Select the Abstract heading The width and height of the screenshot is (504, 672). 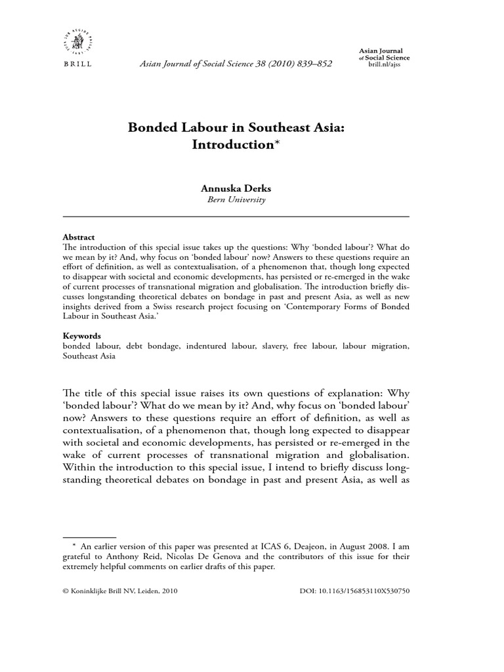coord(78,237)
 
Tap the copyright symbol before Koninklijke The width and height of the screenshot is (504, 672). coord(65,591)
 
